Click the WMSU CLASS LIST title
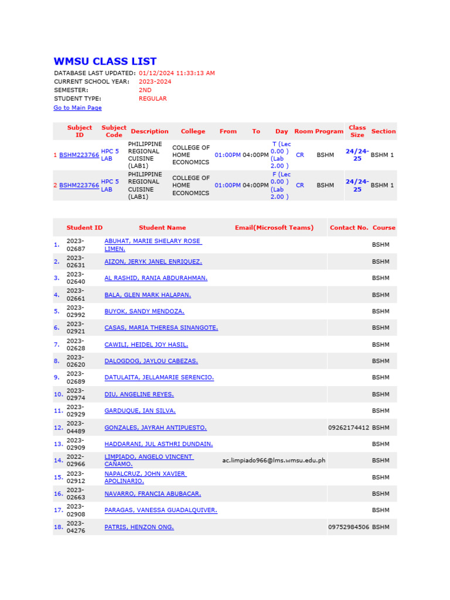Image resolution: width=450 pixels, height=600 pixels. pyautogui.click(x=105, y=62)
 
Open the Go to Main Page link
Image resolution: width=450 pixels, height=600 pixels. pyautogui.click(x=77, y=108)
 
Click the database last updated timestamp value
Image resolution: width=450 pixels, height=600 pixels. pyautogui.click(x=176, y=73)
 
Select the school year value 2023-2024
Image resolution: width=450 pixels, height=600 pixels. pyautogui.click(x=155, y=82)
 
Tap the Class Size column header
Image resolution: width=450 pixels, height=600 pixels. pyautogui.click(x=357, y=131)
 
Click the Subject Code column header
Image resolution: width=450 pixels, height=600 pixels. pyautogui.click(x=114, y=131)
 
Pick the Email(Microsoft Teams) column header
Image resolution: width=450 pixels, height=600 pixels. pyautogui.click(x=274, y=227)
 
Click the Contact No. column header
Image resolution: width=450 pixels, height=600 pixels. pyautogui.click(x=349, y=227)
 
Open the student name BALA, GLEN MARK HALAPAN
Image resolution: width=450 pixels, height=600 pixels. pyautogui.click(x=148, y=295)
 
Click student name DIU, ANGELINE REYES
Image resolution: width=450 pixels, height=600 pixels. pyautogui.click(x=139, y=394)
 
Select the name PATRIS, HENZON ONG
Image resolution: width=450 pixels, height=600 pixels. pyautogui.click(x=139, y=527)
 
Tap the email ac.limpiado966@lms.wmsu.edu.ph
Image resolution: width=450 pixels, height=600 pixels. pyautogui.click(x=274, y=461)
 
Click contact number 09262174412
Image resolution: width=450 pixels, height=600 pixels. pyautogui.click(x=349, y=428)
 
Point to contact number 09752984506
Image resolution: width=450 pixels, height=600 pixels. pyautogui.click(x=349, y=527)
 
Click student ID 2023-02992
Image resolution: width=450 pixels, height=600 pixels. pyautogui.click(x=76, y=311)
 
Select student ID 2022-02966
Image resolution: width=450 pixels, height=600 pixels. pyautogui.click(x=76, y=461)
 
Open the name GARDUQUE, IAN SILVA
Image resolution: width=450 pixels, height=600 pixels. pyautogui.click(x=140, y=411)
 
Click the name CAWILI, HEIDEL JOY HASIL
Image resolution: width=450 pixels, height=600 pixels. pyautogui.click(x=146, y=345)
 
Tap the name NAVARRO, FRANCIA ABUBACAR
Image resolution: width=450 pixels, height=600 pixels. pyautogui.click(x=153, y=494)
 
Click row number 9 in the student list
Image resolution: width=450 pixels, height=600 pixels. pyautogui.click(x=57, y=378)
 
